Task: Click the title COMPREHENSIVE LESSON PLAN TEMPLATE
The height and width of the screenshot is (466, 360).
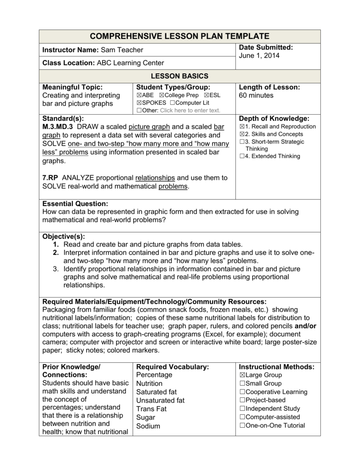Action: pyautogui.click(x=180, y=36)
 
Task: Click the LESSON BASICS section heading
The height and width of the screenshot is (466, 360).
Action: pyautogui.click(x=180, y=76)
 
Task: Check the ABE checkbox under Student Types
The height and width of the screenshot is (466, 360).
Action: pyautogui.click(x=139, y=96)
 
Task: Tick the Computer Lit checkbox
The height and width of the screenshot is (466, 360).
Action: pyautogui.click(x=178, y=103)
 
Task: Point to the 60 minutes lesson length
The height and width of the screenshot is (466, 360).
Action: pyautogui.click(x=256, y=96)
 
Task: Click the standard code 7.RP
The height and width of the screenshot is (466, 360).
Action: pyautogui.click(x=51, y=177)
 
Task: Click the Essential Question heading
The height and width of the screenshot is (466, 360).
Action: pyautogui.click(x=75, y=203)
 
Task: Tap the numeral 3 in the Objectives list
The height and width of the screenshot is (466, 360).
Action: pyautogui.click(x=56, y=269)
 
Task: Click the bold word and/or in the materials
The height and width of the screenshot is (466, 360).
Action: pyautogui.click(x=305, y=326)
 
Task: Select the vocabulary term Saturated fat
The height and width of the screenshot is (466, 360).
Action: pyautogui.click(x=156, y=392)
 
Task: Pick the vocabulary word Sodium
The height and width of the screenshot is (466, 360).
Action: pyautogui.click(x=148, y=426)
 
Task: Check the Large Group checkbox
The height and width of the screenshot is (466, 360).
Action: pyautogui.click(x=242, y=375)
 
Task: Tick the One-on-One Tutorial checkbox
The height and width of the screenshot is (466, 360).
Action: pyautogui.click(x=242, y=426)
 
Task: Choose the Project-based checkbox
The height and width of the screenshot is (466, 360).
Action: pyautogui.click(x=242, y=400)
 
